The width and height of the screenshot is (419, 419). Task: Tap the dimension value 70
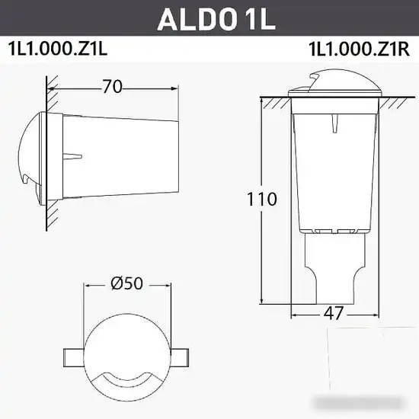[112, 87]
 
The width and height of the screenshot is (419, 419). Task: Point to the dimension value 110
[261, 200]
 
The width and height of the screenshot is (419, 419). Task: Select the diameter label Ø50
[126, 283]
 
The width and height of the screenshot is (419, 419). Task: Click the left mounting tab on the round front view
[72, 356]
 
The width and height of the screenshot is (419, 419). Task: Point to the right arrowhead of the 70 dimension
[178, 87]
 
